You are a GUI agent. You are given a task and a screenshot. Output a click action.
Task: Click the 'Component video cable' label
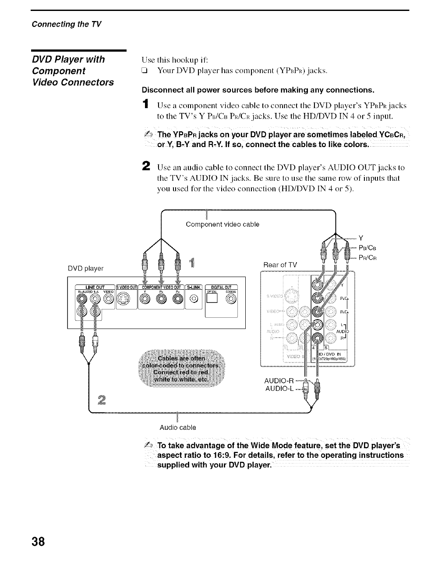(x=223, y=225)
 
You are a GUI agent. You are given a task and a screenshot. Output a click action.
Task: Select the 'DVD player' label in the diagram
(x=85, y=268)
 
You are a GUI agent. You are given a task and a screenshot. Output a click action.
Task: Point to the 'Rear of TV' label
(x=280, y=265)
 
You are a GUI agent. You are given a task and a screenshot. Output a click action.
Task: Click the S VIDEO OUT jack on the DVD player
(x=126, y=300)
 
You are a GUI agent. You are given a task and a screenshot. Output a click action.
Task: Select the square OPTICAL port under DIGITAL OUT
(x=212, y=300)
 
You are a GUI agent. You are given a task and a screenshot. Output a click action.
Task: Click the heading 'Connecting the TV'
(x=66, y=24)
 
